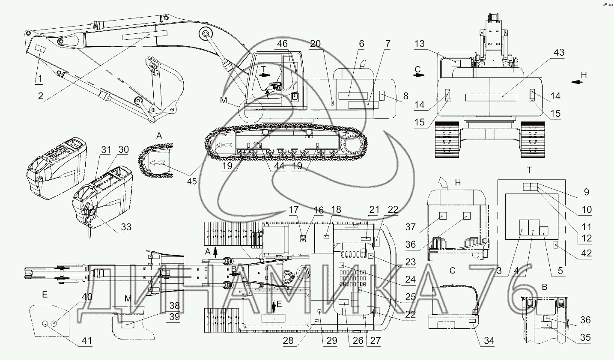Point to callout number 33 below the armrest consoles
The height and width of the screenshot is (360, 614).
[125, 226]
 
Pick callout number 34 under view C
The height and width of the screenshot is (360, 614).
[489, 341]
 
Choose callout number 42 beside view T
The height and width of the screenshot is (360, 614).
[586, 253]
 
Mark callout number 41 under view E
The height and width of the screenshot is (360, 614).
[87, 341]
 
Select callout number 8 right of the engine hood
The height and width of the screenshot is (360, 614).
[405, 95]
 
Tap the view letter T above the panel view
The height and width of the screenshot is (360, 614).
[529, 170]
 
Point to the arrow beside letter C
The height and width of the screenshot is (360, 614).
[419, 74]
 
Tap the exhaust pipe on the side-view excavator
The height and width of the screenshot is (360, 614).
[364, 63]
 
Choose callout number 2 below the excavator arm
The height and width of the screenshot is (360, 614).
[40, 96]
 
